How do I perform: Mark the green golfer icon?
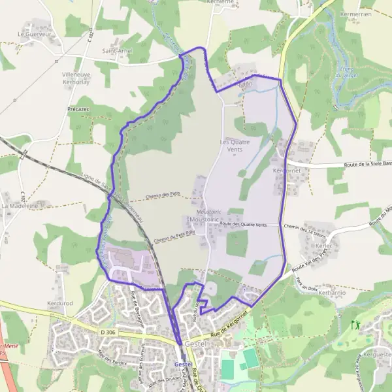click(x=356, y=324)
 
